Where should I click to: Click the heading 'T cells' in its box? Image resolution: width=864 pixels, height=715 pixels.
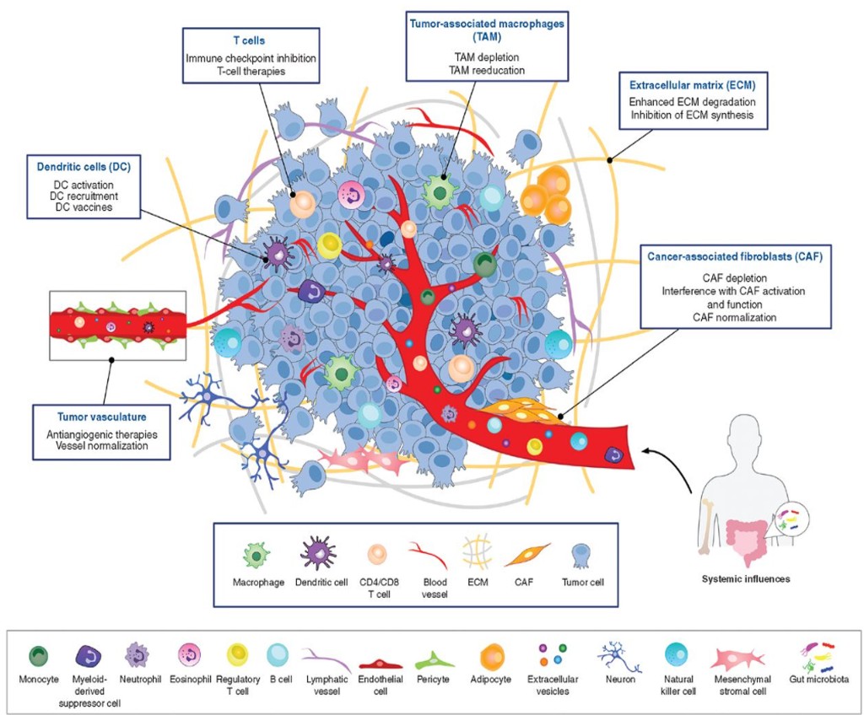point(250,40)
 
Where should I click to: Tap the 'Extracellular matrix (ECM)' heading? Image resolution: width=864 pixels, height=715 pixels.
point(692,85)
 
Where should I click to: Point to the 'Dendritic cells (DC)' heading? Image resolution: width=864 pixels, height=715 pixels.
point(83,166)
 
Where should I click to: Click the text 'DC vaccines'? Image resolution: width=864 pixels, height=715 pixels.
point(83,207)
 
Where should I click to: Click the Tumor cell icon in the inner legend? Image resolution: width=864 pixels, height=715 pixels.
point(580,554)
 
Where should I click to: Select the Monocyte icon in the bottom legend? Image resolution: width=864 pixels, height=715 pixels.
point(39,656)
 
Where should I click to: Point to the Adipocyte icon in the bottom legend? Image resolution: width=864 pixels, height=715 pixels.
point(492,655)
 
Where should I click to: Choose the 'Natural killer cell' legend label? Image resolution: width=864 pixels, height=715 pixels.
point(675,684)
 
